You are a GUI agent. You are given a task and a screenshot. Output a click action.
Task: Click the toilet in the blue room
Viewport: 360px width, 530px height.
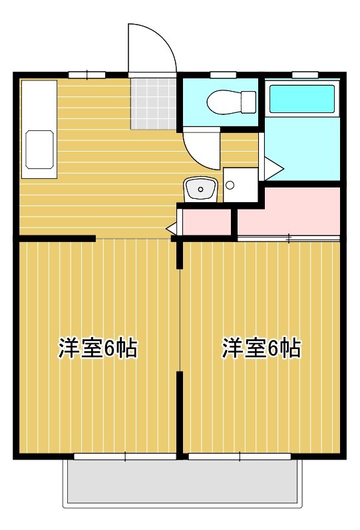click(230, 102)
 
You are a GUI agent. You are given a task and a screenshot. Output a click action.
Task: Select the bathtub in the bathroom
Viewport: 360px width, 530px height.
click(301, 99)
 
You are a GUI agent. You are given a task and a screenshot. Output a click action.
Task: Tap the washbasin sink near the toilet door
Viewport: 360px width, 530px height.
click(199, 190)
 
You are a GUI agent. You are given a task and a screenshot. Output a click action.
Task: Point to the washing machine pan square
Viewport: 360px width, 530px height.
click(240, 184)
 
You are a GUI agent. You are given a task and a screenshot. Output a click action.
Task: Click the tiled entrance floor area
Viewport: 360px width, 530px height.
click(154, 102)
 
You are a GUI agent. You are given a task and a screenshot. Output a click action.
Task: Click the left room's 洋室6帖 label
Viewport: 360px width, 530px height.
click(98, 348)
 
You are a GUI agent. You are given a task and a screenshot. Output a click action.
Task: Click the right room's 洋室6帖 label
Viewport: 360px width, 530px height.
click(261, 348)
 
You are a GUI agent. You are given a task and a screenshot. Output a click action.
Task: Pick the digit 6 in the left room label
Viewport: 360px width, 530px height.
click(111, 348)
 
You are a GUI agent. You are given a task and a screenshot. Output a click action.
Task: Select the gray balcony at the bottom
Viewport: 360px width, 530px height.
click(180, 482)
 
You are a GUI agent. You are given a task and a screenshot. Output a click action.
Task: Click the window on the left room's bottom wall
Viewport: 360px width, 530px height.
click(125, 456)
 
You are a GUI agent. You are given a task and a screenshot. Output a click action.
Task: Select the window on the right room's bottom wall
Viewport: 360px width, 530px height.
click(240, 456)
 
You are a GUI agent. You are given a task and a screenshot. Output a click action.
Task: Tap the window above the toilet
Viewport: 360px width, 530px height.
click(220, 74)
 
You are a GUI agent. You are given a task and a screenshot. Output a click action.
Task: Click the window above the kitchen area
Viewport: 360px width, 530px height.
click(87, 74)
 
